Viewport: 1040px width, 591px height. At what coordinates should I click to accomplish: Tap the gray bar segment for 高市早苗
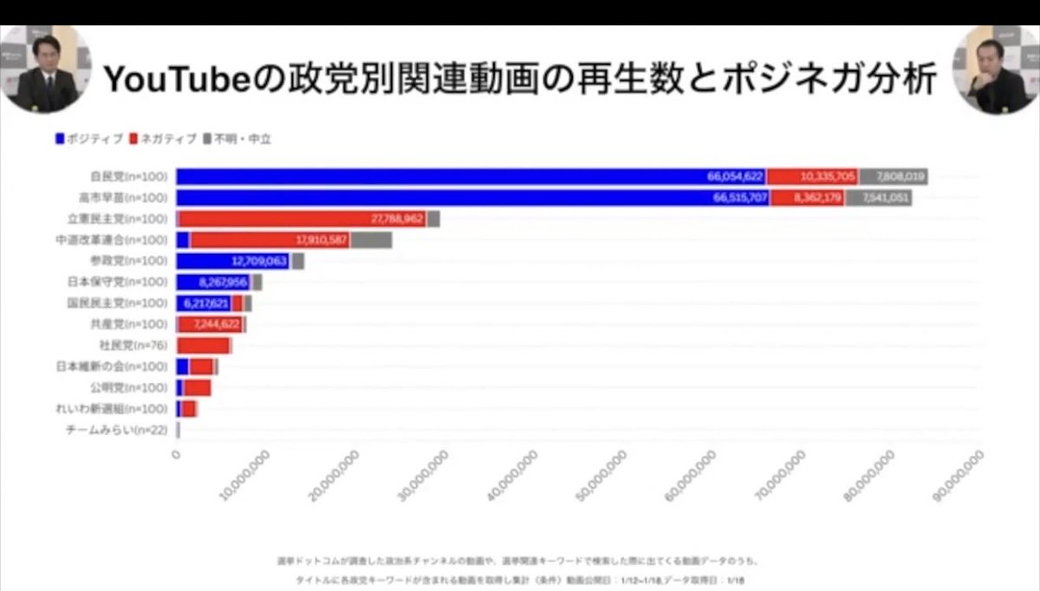(878, 198)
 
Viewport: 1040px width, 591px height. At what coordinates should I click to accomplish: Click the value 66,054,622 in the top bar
(735, 177)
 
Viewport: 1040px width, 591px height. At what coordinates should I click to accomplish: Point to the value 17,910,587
(322, 240)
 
